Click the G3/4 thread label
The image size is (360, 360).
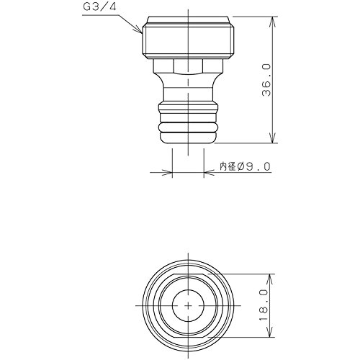click(99, 6)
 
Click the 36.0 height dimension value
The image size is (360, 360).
click(266, 80)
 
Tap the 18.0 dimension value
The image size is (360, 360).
click(264, 305)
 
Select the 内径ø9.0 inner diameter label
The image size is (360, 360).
click(245, 166)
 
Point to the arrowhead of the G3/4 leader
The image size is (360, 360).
click(139, 30)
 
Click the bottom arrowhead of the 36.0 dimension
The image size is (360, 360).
click(273, 138)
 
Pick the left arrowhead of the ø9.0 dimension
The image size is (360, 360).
click(168, 172)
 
